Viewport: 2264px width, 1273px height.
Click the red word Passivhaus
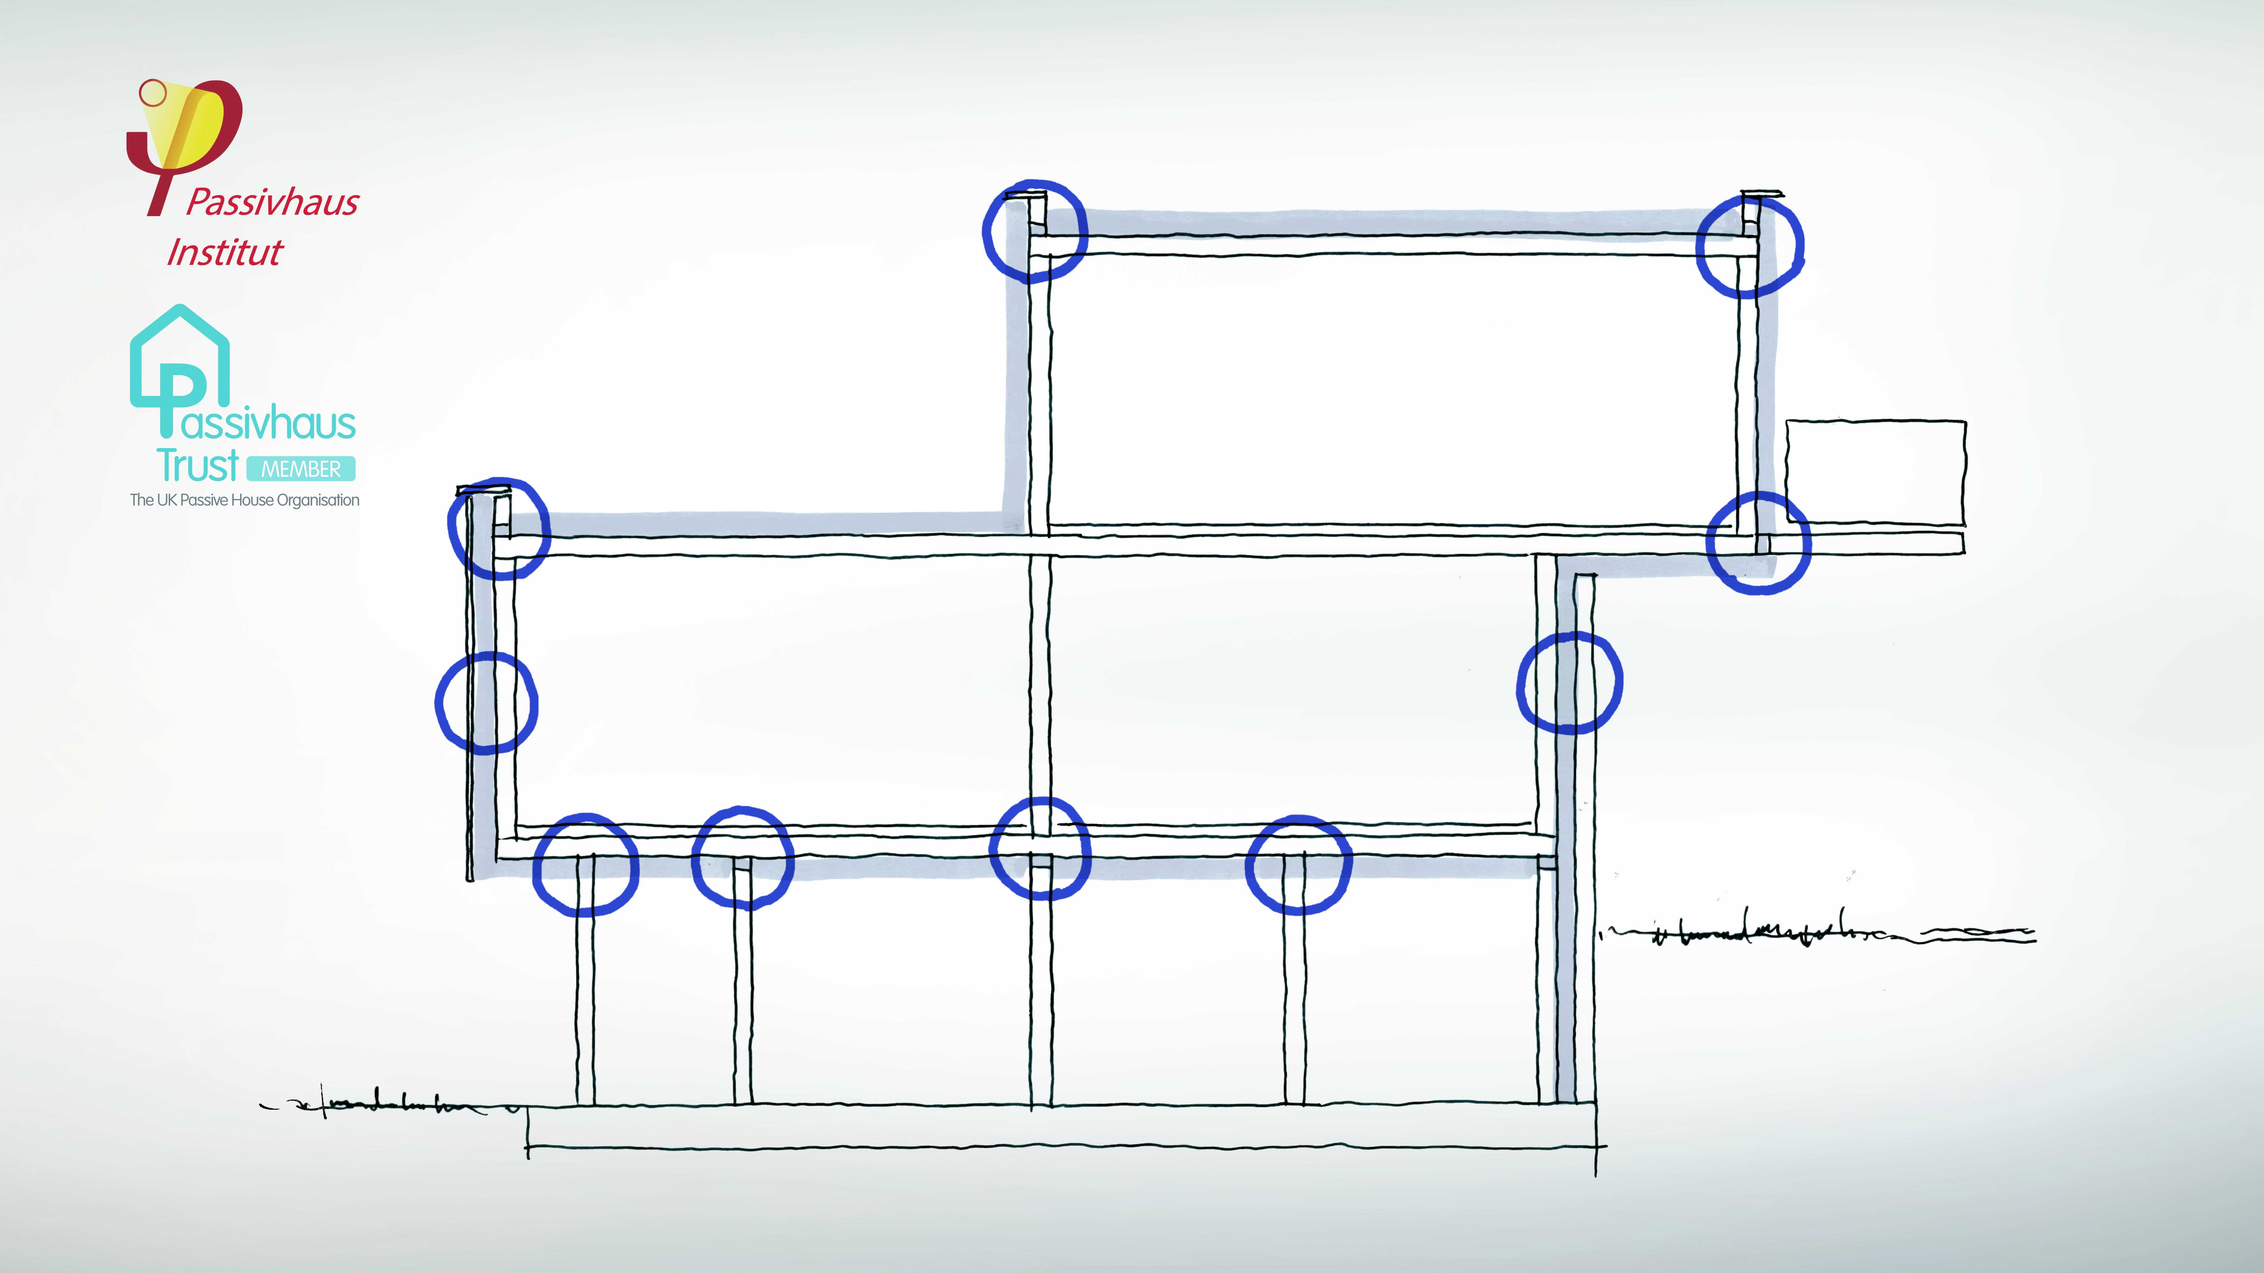click(x=273, y=202)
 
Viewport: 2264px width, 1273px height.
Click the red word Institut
click(x=225, y=252)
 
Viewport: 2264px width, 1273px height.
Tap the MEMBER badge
click(x=301, y=469)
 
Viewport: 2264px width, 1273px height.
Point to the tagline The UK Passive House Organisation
click(x=244, y=500)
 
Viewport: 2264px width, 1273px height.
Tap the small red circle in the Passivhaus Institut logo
click(x=153, y=92)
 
